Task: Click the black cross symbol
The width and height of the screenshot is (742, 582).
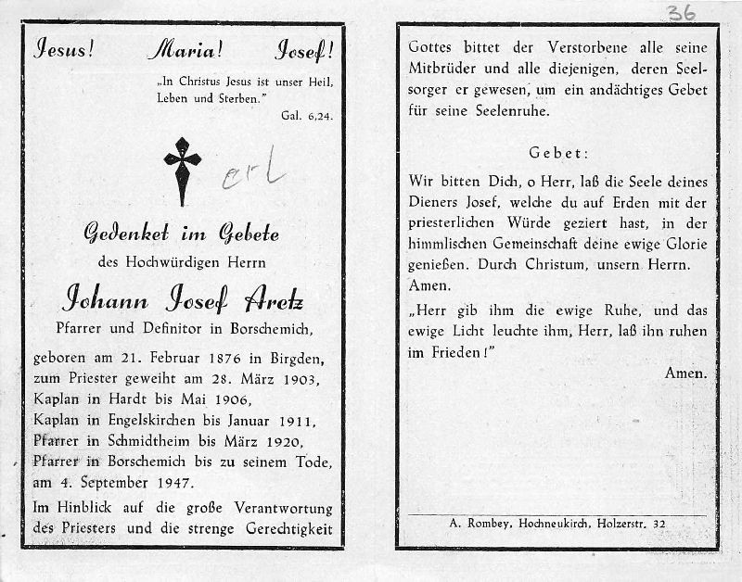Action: pos(183,169)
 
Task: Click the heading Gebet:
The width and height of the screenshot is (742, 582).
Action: pos(559,153)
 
